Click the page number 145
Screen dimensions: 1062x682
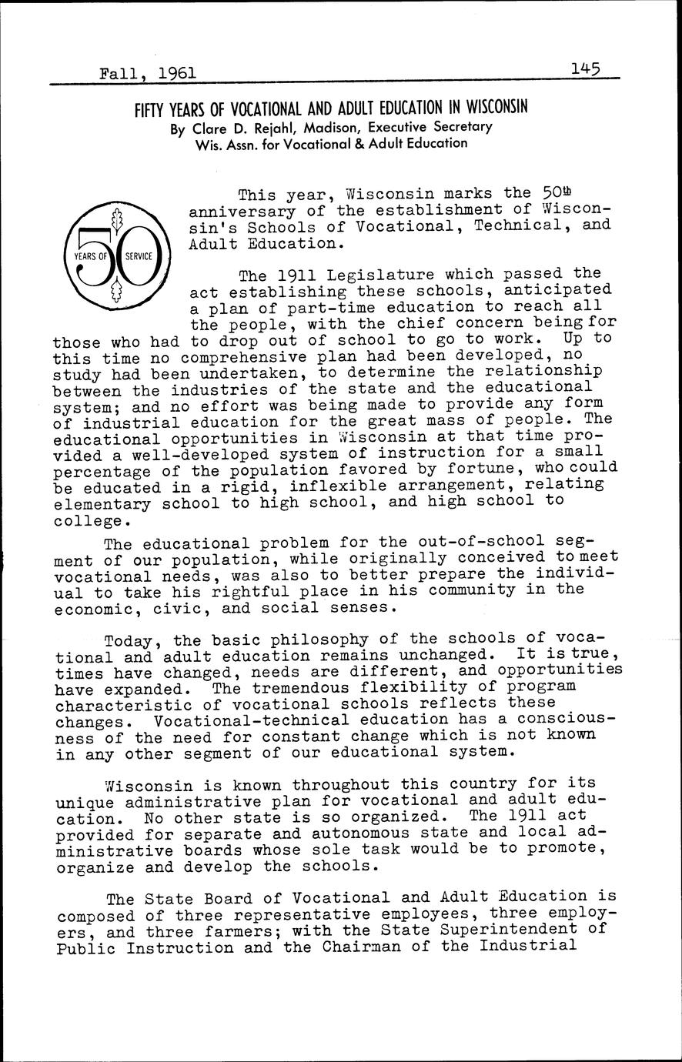(586, 70)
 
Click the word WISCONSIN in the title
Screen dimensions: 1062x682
(490, 107)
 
